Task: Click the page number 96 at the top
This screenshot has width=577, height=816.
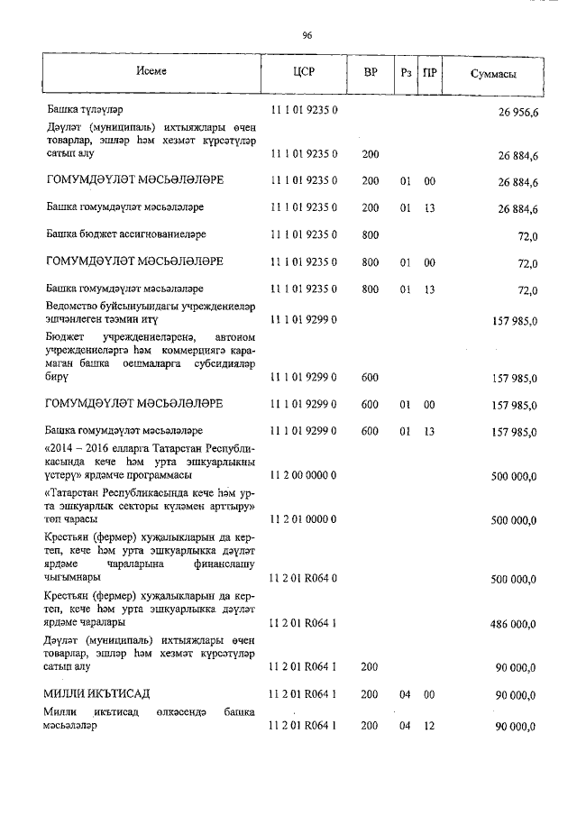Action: [307, 35]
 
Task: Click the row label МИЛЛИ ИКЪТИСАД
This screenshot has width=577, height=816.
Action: [97, 692]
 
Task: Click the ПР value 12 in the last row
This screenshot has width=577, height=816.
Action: [429, 726]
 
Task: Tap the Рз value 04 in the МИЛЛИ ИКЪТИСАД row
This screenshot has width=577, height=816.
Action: [405, 693]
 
